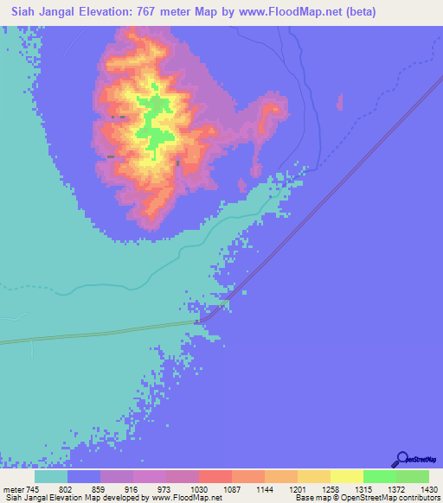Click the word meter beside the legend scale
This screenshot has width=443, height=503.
[x=11, y=487]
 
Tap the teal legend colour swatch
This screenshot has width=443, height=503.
[x=51, y=475]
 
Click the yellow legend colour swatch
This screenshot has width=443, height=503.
[x=347, y=475]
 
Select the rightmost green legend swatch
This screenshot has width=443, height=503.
[x=413, y=475]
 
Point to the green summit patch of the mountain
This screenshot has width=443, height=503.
[x=154, y=121]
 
